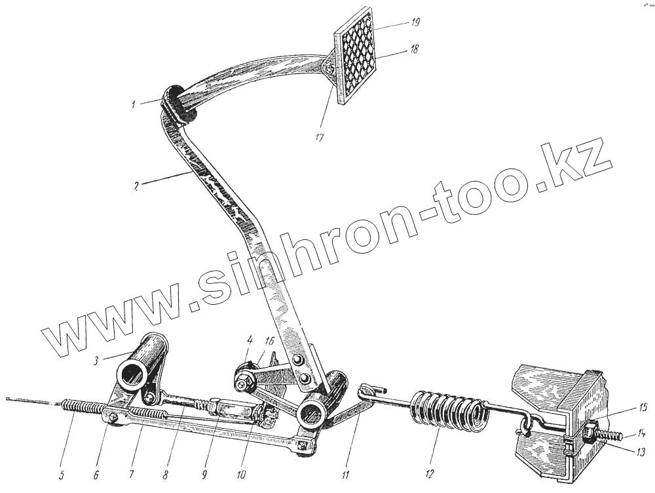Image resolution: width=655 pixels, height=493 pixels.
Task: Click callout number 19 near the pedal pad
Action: pos(415,22)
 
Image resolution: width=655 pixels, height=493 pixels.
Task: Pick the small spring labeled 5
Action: pos(82,408)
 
